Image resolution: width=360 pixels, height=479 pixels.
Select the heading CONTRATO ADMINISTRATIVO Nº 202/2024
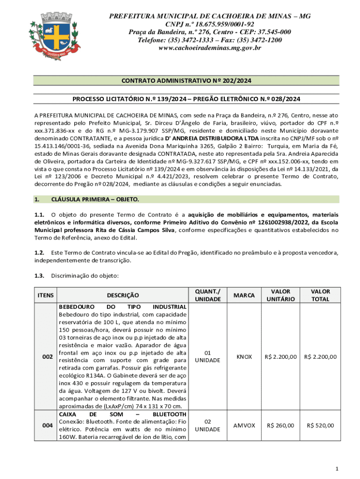(x=187, y=81)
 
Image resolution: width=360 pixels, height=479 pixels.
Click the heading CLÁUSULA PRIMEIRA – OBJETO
(x=95, y=200)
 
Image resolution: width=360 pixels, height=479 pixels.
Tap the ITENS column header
(x=45, y=295)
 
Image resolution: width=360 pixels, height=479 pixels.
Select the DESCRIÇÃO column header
(x=123, y=295)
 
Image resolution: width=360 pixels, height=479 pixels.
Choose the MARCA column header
(x=244, y=295)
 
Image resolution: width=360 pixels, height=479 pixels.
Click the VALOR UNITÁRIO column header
(x=281, y=295)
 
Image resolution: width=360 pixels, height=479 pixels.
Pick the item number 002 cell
(x=47, y=357)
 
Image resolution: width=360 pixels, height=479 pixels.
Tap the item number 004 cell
(x=47, y=426)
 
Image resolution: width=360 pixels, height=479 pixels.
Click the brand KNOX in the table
(x=244, y=357)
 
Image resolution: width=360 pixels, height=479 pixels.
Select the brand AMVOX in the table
(x=244, y=426)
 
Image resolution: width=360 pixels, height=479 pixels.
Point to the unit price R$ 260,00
(x=281, y=426)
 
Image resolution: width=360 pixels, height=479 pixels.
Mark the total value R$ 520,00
(x=320, y=426)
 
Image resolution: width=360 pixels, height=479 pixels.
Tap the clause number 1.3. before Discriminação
(x=39, y=276)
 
